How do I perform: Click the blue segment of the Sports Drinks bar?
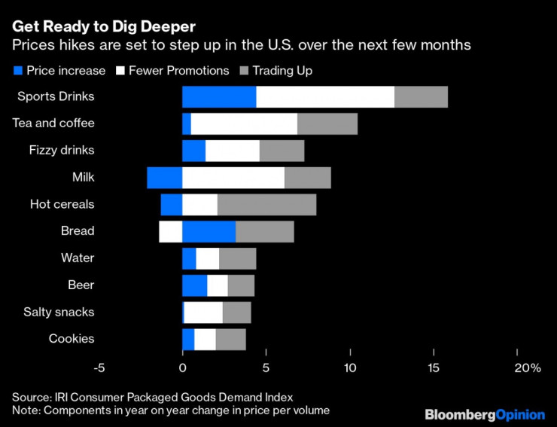point(219,97)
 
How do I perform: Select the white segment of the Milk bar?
point(233,178)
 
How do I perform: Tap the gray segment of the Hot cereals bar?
point(266,205)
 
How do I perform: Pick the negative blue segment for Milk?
point(164,178)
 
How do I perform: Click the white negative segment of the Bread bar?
point(171,231)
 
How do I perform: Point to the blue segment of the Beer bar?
point(194,285)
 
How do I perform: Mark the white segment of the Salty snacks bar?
point(203,313)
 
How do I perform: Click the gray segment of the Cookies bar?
point(230,340)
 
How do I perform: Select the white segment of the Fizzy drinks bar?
point(233,151)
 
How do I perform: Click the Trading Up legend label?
point(282,71)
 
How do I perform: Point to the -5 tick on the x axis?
point(98,368)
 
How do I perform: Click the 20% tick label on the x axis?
point(527,368)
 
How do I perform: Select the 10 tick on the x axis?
point(350,368)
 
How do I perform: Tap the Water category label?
point(78,258)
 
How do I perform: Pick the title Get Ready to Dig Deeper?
point(103,26)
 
